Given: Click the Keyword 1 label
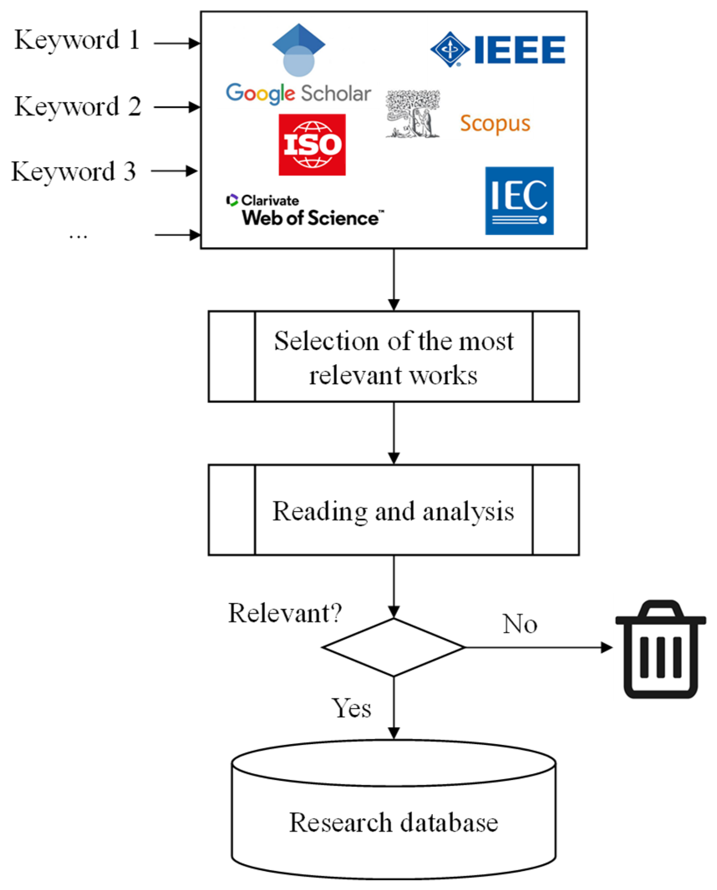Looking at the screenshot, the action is click(77, 40).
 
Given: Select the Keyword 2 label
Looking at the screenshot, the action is click(78, 106).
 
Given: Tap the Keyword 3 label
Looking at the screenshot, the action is click(74, 172).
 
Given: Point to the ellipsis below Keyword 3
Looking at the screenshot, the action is click(78, 237).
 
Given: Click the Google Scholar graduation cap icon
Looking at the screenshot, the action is click(299, 50).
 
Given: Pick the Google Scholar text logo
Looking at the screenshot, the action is click(298, 94).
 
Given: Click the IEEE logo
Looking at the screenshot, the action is click(498, 49).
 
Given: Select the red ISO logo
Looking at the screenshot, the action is click(312, 145).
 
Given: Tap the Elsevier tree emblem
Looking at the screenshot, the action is click(413, 114).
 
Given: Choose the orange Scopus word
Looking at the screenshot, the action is click(495, 124).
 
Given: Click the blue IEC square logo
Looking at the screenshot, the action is click(519, 201).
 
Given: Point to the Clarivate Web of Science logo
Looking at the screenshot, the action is click(305, 210).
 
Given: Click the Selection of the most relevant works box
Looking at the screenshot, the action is click(394, 357).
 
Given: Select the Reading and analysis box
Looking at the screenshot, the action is click(394, 510).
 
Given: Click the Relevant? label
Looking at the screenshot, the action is click(285, 614).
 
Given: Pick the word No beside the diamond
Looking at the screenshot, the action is click(520, 624).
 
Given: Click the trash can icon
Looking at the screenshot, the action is click(661, 649).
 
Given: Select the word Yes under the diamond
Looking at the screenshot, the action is click(351, 708).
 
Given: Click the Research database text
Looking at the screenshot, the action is click(394, 823).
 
